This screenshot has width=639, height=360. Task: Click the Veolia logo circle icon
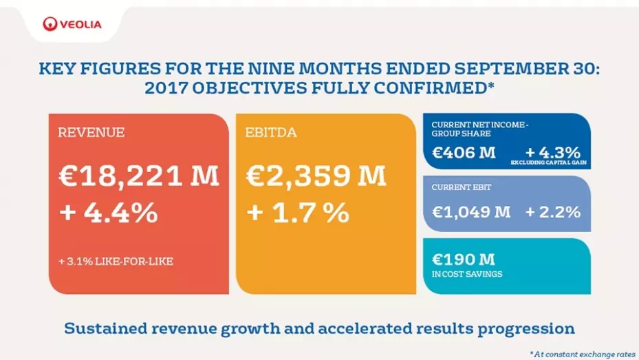coord(50,25)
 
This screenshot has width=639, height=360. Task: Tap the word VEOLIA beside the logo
coord(80,25)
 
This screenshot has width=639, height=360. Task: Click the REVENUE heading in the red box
coord(91,133)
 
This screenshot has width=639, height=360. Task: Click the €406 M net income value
coord(464,152)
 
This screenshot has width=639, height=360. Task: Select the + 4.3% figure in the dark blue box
coord(552,151)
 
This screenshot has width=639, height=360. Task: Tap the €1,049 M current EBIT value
coord(471,212)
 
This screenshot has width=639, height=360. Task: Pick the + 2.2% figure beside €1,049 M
coord(553,212)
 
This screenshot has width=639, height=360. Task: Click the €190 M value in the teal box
coord(464,260)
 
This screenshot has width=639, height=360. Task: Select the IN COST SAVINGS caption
coord(467,274)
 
